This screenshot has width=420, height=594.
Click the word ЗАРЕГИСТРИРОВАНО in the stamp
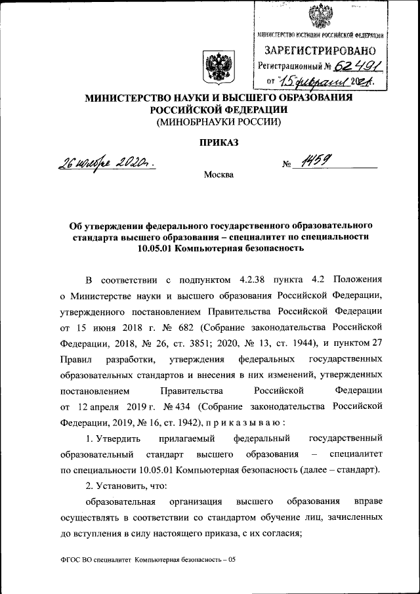(320, 51)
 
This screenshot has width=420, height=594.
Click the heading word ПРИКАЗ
(217, 142)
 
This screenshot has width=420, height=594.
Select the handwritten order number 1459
(314, 163)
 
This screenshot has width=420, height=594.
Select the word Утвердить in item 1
(117, 437)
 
